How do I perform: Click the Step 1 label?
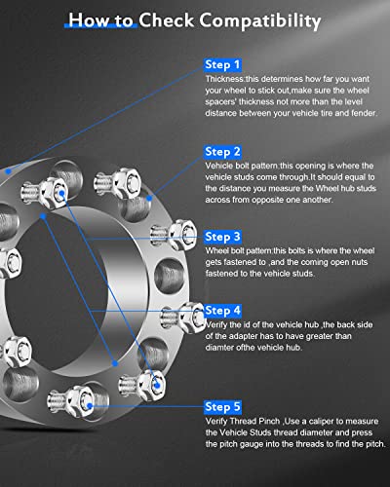click(x=223, y=64)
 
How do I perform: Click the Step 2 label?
click(x=223, y=152)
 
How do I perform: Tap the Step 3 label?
click(x=223, y=237)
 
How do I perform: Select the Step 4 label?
click(x=223, y=310)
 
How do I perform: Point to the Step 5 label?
click(x=223, y=405)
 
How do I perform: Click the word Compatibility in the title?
click(x=259, y=19)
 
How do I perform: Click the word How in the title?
click(x=95, y=19)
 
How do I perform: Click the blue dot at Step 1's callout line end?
click(x=8, y=171)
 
